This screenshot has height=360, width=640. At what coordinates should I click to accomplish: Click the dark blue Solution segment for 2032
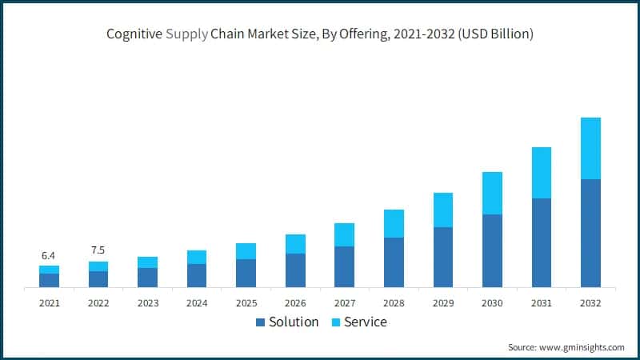click(590, 233)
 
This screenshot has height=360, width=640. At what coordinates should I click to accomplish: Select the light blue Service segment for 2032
click(590, 148)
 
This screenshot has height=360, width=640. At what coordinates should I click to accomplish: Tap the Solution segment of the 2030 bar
click(492, 250)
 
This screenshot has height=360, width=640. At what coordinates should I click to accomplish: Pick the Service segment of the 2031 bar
click(542, 173)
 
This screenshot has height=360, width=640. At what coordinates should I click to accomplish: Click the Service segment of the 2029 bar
click(442, 210)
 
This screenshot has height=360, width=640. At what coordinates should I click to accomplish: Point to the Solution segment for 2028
click(394, 262)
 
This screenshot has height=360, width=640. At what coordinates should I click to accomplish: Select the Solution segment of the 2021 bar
click(49, 280)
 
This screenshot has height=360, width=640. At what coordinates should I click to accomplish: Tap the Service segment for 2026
click(295, 244)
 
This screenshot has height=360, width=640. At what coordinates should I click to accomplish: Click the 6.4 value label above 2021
click(48, 256)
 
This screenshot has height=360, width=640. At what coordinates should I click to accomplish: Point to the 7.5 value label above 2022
click(98, 250)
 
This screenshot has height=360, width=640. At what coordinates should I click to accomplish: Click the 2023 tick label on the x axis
click(147, 303)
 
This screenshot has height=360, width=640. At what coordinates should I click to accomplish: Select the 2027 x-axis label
click(344, 303)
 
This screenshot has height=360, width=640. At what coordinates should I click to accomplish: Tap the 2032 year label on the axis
click(590, 303)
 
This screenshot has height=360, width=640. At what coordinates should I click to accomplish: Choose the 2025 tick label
click(246, 303)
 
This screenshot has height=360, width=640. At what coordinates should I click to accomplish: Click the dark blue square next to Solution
click(260, 322)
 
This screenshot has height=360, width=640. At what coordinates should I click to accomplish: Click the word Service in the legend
click(365, 322)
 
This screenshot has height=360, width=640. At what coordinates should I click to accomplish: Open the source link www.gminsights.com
click(582, 347)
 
